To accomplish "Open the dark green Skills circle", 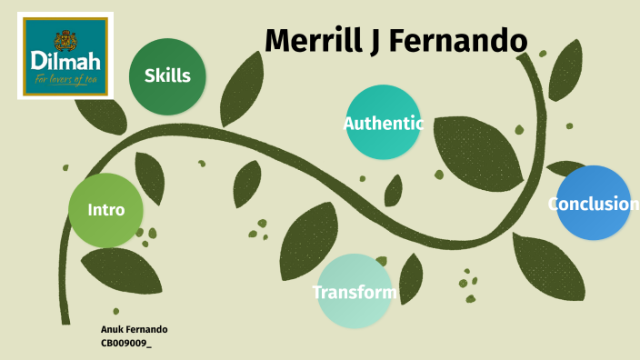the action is (167, 75).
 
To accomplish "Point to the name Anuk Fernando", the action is (134, 329).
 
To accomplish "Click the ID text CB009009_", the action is (126, 344).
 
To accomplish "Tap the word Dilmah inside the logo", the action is (65, 62).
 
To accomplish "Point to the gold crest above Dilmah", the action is (65, 39).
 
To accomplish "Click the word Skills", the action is (167, 75).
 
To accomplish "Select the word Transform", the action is (354, 293).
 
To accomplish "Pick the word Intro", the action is (105, 210).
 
